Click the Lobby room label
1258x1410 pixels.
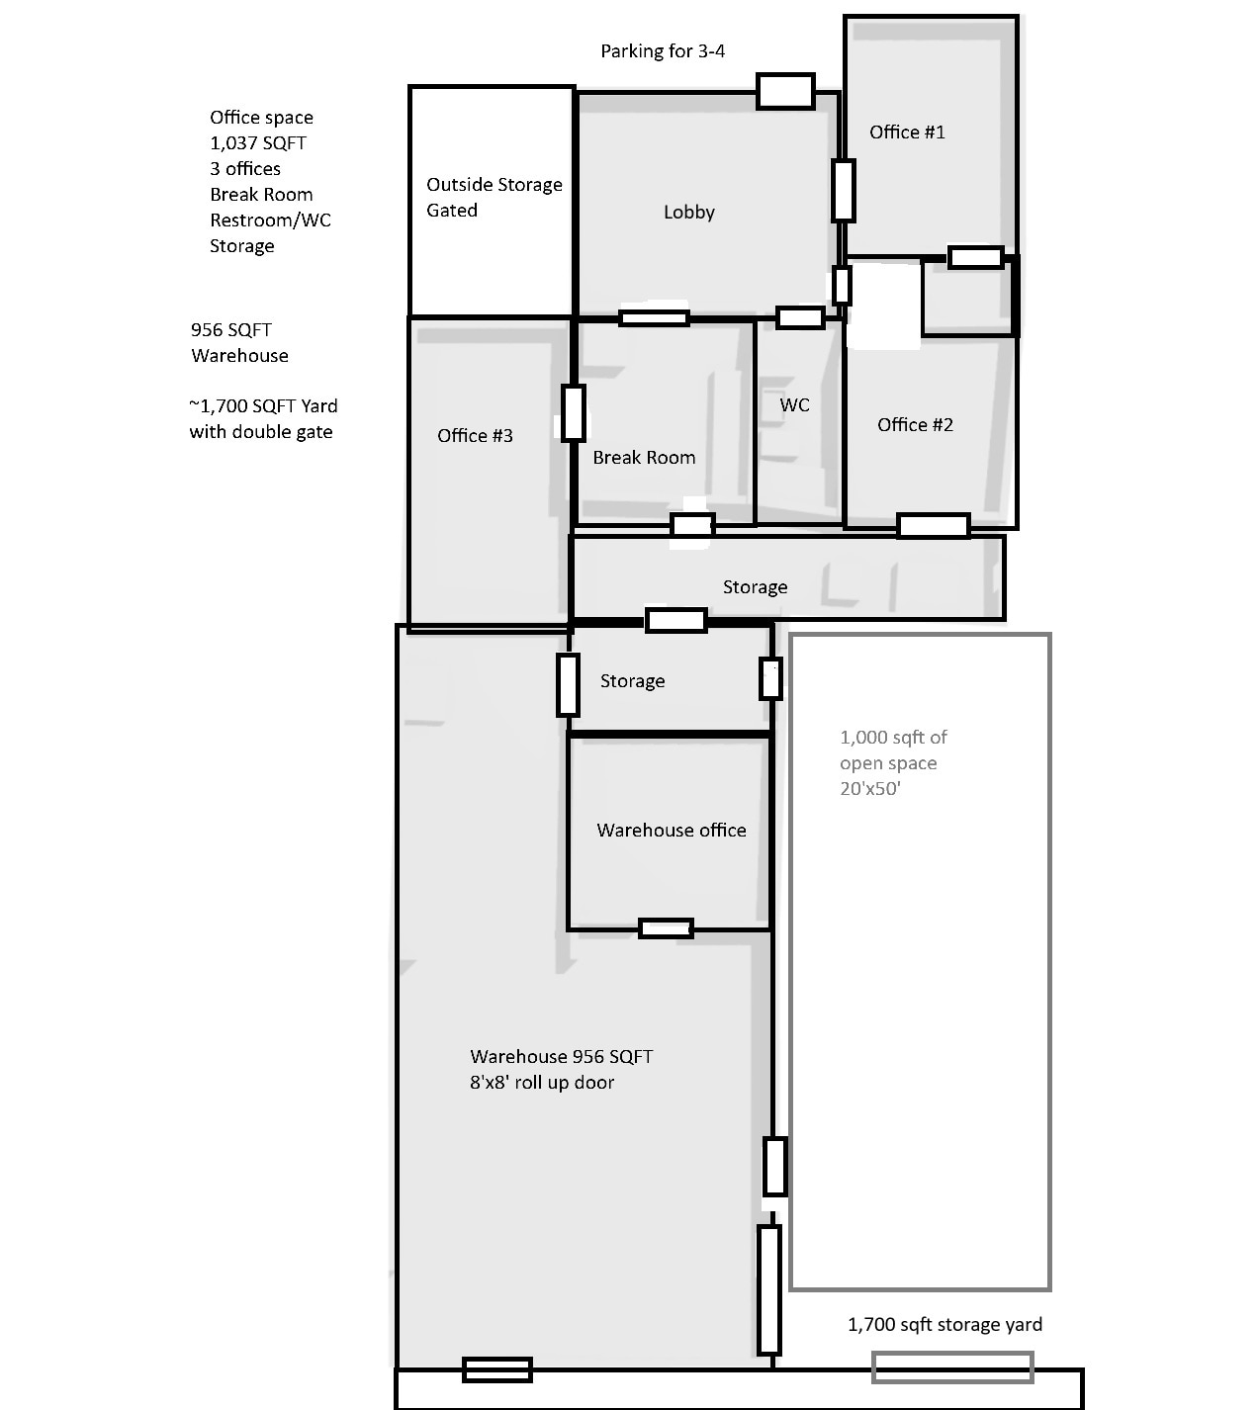688,213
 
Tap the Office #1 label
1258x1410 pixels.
907,132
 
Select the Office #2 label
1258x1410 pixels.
915,425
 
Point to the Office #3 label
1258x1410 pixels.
475,436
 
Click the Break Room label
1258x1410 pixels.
644,458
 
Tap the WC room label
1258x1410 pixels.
794,405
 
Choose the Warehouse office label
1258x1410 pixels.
671,831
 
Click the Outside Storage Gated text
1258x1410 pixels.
494,198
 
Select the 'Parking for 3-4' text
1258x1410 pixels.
663,51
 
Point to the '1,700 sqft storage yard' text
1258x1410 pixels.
944,1325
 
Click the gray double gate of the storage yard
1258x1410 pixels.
951,1367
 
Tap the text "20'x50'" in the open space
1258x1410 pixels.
870,789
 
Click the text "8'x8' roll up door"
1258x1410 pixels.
542,1083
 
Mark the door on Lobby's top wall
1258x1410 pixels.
785,91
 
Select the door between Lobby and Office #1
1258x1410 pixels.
843,191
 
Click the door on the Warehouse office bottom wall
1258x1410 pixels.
666,928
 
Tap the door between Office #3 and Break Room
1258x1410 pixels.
573,413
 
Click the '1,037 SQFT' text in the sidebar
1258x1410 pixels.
258,143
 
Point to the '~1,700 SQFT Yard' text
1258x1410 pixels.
263,406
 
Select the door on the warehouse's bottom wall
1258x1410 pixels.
497,1369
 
